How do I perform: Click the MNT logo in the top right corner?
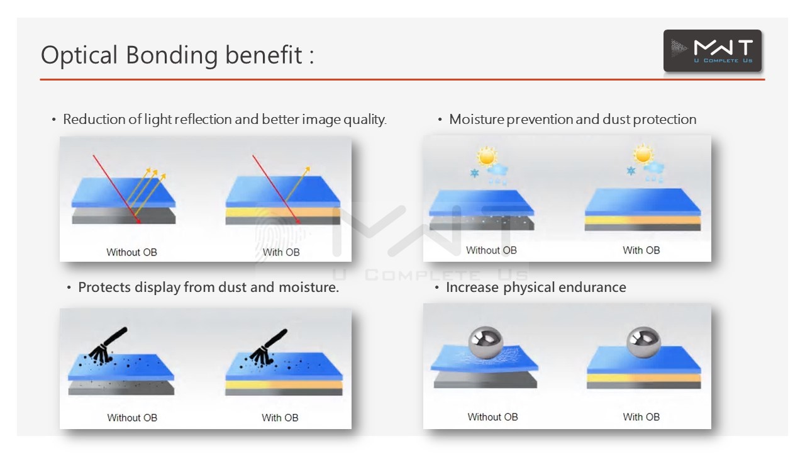coord(712,50)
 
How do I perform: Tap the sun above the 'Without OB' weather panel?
coord(487,155)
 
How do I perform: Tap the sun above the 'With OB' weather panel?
coord(643,154)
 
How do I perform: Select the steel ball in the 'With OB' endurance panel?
coord(643,342)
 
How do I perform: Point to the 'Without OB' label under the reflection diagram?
coord(131,252)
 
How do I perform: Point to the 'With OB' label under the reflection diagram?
coord(281,252)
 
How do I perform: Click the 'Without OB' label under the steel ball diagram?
coord(492,417)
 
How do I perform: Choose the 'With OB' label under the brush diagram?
coord(280,417)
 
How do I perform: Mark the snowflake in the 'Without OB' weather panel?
coord(474,172)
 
